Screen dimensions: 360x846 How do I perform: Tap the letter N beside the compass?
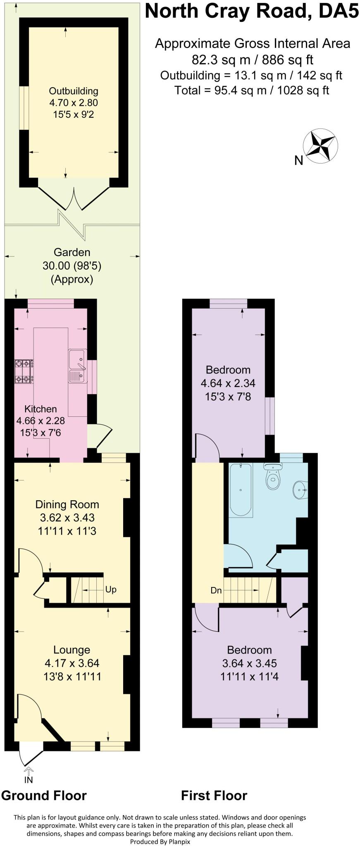(299, 160)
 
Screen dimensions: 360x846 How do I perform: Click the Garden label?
(72, 252)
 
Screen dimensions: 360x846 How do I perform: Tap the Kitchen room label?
(41, 409)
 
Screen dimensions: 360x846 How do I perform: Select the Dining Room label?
(67, 504)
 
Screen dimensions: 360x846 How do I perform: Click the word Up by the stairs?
(111, 589)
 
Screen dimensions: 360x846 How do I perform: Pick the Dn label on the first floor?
(216, 590)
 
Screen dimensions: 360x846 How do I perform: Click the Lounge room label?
(72, 650)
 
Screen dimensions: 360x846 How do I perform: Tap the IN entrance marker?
(29, 780)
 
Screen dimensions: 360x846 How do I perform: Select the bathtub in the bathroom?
(241, 490)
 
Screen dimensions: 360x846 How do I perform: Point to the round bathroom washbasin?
(300, 490)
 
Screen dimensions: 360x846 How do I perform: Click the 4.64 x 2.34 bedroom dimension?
(228, 383)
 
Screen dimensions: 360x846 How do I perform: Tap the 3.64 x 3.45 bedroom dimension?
(250, 664)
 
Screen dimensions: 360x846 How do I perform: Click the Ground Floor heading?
(44, 796)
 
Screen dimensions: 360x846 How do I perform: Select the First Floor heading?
(214, 796)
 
